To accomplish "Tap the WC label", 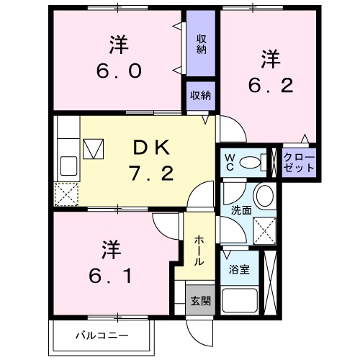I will [228, 162].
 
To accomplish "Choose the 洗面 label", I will [240, 211].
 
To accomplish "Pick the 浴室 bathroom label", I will [239, 271].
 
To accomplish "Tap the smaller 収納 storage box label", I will [201, 95].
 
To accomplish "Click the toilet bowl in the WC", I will [250, 163].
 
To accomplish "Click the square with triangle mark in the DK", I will [93, 149].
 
